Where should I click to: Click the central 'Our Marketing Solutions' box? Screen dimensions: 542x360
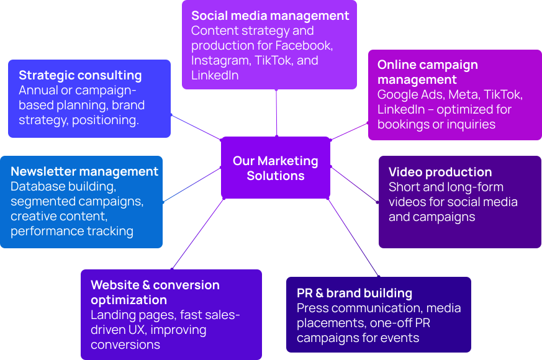pyautogui.click(x=276, y=168)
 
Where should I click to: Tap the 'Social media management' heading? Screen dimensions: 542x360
pyautogui.click(x=270, y=16)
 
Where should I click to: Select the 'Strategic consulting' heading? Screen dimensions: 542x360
pyautogui.click(x=80, y=76)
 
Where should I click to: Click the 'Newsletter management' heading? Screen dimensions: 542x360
pyautogui.click(x=84, y=171)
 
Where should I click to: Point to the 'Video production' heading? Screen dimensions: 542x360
pyautogui.click(x=440, y=172)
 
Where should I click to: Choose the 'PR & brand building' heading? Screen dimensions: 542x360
pyautogui.click(x=355, y=294)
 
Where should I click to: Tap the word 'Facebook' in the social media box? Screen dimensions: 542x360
pyautogui.click(x=304, y=45)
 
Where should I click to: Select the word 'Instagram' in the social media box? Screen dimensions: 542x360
pyautogui.click(x=221, y=61)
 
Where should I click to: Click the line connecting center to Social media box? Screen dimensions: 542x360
pyautogui.click(x=276, y=113)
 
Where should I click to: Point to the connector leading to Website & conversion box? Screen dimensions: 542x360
pyautogui.click(x=197, y=234)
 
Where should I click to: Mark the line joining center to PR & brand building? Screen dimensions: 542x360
pyautogui.click(x=353, y=238)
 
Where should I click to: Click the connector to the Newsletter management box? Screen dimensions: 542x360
pyautogui.click(x=192, y=185)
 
